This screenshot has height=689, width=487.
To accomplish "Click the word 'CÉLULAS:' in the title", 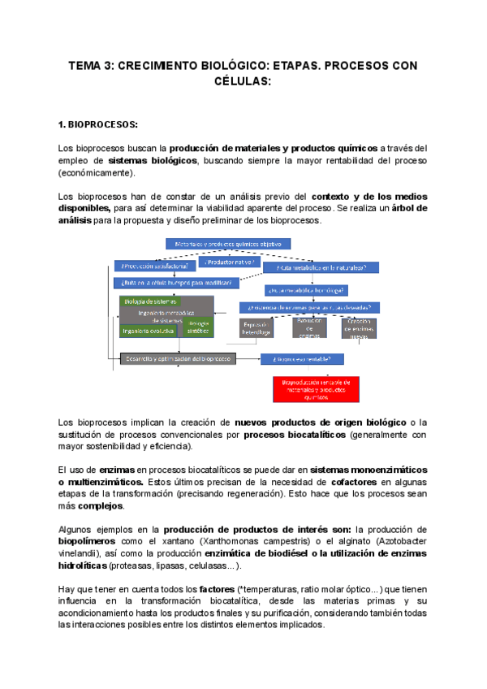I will pos(243,82).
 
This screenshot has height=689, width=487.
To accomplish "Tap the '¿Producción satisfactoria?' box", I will pos(155,265).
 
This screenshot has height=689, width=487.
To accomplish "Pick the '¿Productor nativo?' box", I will pos(229,263).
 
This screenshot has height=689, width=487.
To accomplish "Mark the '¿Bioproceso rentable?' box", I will pos(308,358).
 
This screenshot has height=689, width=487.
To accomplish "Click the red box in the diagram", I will pos(312,389).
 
